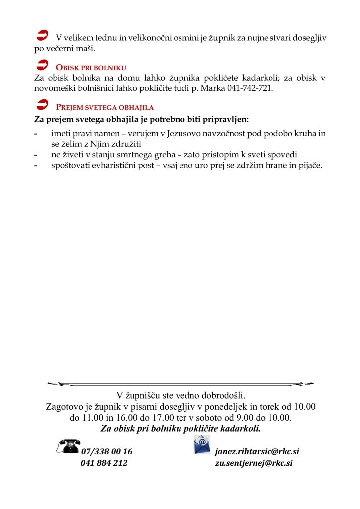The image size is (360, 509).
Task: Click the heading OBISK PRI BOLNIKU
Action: (x=91, y=67)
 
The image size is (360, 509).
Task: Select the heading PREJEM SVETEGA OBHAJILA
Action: (x=104, y=107)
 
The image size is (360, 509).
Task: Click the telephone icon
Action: (x=68, y=445)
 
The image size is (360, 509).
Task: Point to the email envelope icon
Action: (x=202, y=444)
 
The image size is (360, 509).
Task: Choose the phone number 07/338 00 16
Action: (x=106, y=452)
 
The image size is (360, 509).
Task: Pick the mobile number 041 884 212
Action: (x=104, y=463)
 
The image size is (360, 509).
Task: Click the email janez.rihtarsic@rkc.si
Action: (x=257, y=452)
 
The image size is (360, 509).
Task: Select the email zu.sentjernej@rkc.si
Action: (x=254, y=463)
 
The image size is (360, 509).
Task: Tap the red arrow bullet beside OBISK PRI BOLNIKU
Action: (x=43, y=65)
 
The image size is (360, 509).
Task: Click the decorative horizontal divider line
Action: (x=180, y=384)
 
